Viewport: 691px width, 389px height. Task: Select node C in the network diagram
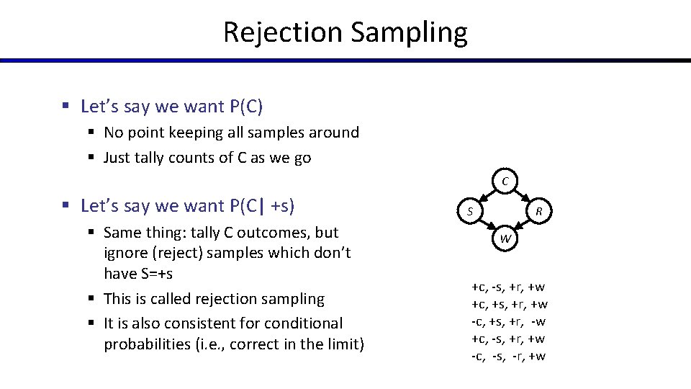(505, 182)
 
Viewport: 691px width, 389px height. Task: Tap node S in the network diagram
(469, 212)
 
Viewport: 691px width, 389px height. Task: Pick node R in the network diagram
(541, 212)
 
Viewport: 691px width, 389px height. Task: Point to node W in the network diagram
(505, 238)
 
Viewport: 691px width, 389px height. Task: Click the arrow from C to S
(487, 196)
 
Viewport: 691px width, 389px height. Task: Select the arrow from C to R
(523, 196)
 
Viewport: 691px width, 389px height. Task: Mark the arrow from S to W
(487, 225)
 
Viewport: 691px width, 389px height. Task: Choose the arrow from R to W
(523, 225)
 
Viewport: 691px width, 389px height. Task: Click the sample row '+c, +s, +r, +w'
(510, 304)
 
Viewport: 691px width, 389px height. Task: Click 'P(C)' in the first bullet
(246, 107)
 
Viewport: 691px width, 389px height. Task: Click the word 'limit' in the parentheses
(340, 344)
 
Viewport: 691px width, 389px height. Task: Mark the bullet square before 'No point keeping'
(93, 133)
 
